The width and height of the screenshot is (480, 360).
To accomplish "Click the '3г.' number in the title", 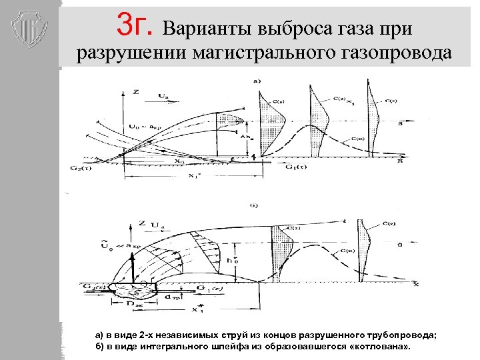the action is pyautogui.click(x=137, y=26).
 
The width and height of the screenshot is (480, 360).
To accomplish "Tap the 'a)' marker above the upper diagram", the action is pyautogui.click(x=257, y=81).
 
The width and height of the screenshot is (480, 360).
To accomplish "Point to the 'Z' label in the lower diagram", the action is pyautogui.click(x=141, y=221).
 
